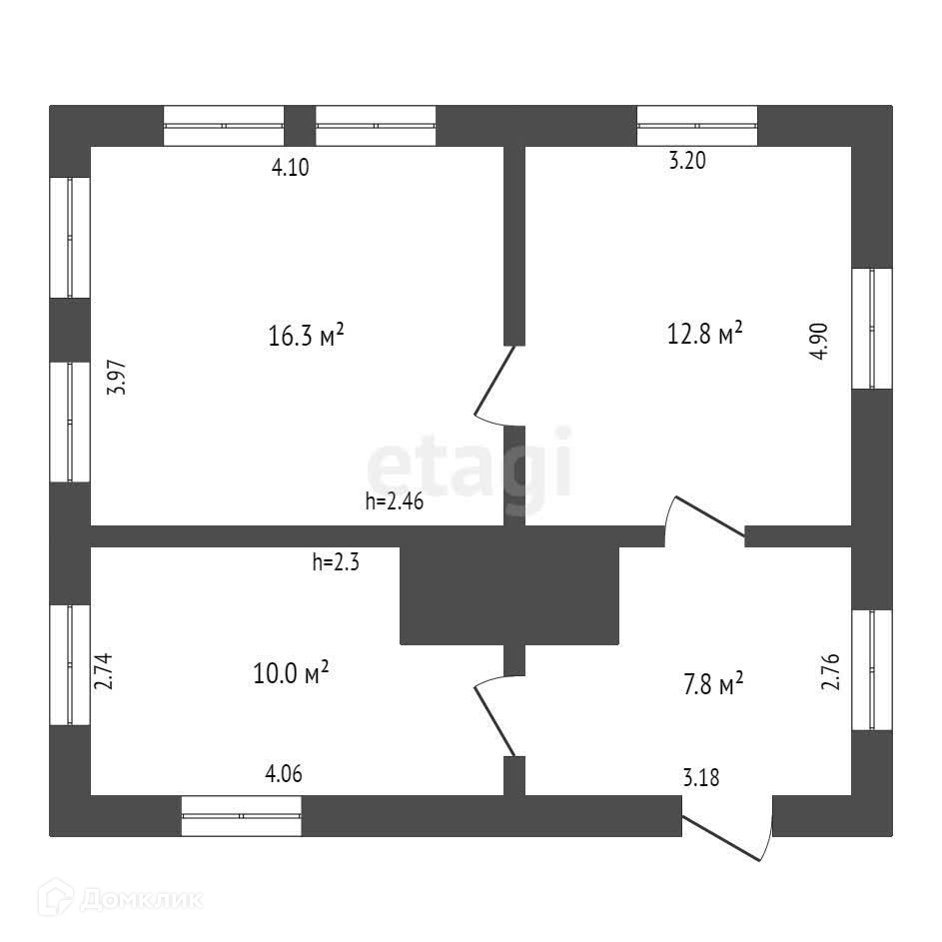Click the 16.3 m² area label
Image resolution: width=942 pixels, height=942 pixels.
pyautogui.click(x=306, y=337)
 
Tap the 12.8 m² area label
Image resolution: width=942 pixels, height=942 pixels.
pyautogui.click(x=704, y=332)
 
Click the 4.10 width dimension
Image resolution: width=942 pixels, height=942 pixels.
pyautogui.click(x=291, y=168)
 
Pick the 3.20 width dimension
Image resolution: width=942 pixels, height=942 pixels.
pyautogui.click(x=687, y=162)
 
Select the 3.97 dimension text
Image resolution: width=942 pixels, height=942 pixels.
pyautogui.click(x=118, y=379)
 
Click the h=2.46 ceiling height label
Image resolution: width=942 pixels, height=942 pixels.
pyautogui.click(x=395, y=502)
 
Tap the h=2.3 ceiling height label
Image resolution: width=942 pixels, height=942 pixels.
pyautogui.click(x=335, y=562)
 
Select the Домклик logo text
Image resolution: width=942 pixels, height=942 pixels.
pyautogui.click(x=140, y=900)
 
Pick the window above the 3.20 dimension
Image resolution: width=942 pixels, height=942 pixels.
pyautogui.click(x=697, y=126)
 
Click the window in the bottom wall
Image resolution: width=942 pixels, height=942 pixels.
pyautogui.click(x=242, y=815)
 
